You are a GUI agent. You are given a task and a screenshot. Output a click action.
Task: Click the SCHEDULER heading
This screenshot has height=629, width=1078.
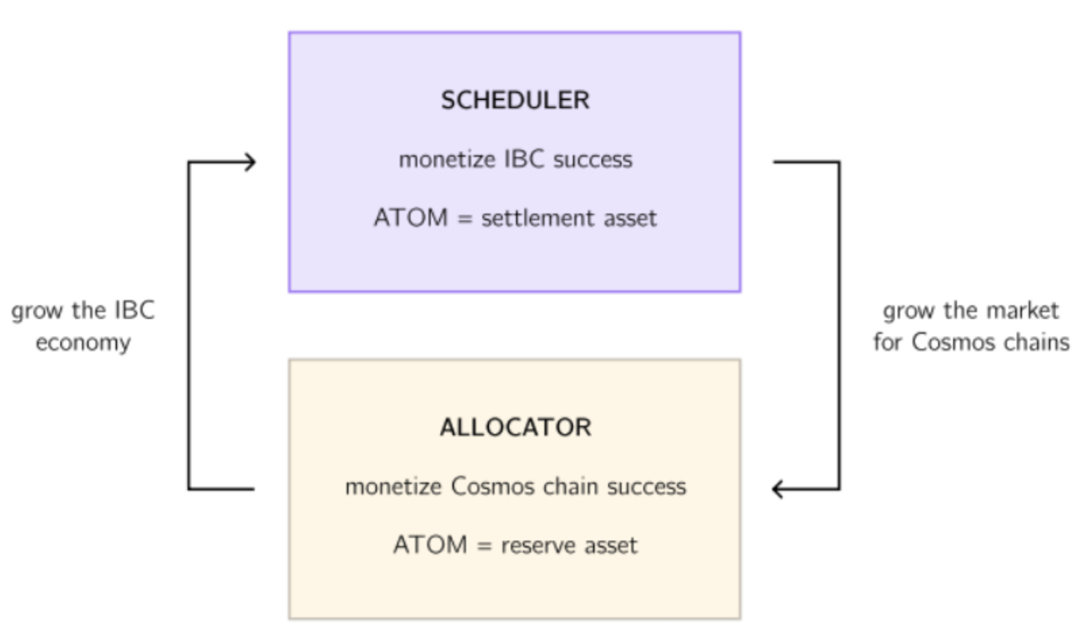pyautogui.click(x=515, y=100)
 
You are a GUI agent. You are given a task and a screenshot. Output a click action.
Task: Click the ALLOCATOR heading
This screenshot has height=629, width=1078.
pyautogui.click(x=515, y=428)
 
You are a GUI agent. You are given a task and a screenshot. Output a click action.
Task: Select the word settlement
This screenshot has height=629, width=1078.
pyautogui.click(x=538, y=218)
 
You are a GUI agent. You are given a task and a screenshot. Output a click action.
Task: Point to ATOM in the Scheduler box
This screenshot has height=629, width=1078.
pyautogui.click(x=410, y=218)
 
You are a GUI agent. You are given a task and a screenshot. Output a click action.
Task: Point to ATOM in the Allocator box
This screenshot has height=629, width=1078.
pyautogui.click(x=430, y=545)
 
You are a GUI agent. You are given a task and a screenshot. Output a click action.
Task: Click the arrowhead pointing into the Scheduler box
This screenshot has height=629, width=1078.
pyautogui.click(x=250, y=162)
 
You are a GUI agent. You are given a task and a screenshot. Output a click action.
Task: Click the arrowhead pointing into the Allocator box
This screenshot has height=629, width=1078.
pyautogui.click(x=778, y=489)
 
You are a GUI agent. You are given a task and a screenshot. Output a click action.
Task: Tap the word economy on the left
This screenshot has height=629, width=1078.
pyautogui.click(x=83, y=343)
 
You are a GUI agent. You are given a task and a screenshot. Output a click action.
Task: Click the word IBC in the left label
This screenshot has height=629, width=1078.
pyautogui.click(x=134, y=310)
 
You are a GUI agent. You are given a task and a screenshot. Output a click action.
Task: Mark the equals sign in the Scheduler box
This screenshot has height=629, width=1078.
pyautogui.click(x=464, y=219)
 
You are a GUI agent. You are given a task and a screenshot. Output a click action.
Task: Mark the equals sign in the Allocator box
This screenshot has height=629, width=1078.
pyautogui.click(x=484, y=546)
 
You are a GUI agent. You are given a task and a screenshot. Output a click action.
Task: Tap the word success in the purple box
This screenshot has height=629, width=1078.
pyautogui.click(x=593, y=160)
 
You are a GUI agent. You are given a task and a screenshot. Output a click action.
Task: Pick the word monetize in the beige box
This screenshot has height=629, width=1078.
pyautogui.click(x=393, y=486)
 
